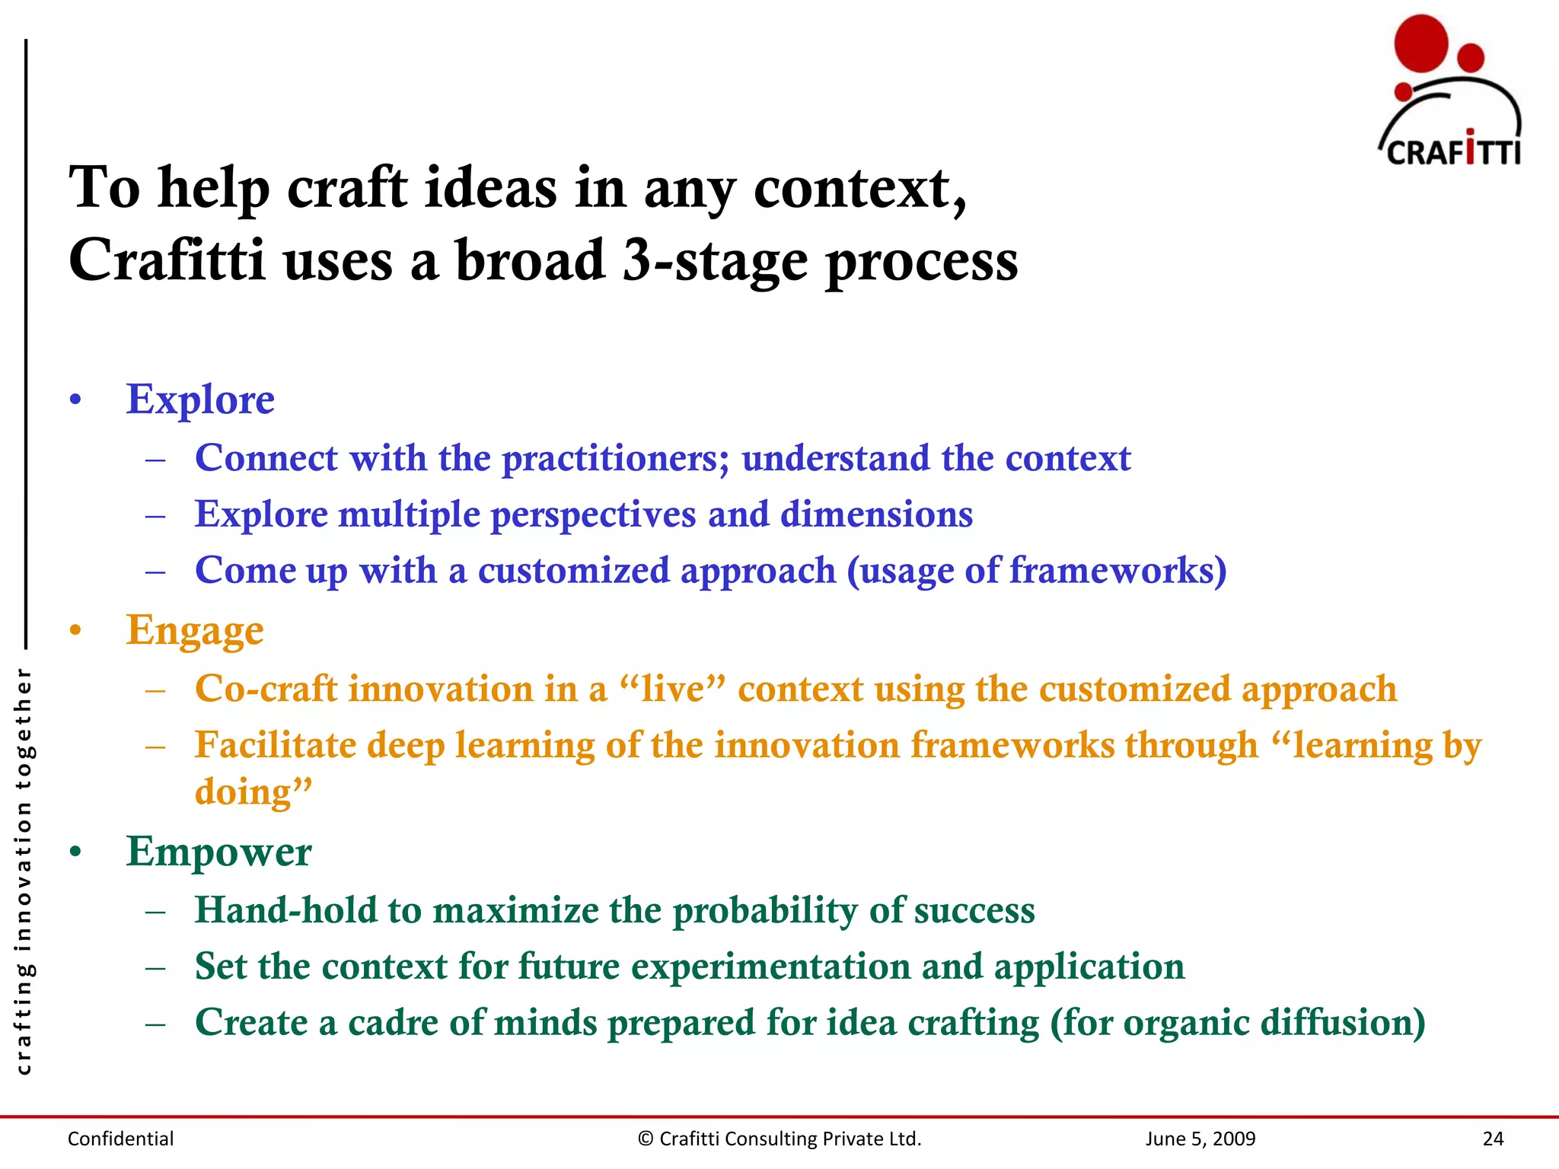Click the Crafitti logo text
pos(1452,151)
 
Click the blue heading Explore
pos(200,400)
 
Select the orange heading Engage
pos(195,631)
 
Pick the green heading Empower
pos(218,852)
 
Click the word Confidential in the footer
pos(120,1139)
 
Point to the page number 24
pos(1493,1139)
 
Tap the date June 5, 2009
pos(1200,1139)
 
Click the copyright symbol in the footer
pos(646,1139)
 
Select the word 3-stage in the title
pos(715,261)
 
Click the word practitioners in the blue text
pos(615,459)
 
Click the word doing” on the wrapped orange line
pos(253,793)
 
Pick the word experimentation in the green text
pos(770,967)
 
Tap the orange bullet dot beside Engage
pos(75,631)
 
